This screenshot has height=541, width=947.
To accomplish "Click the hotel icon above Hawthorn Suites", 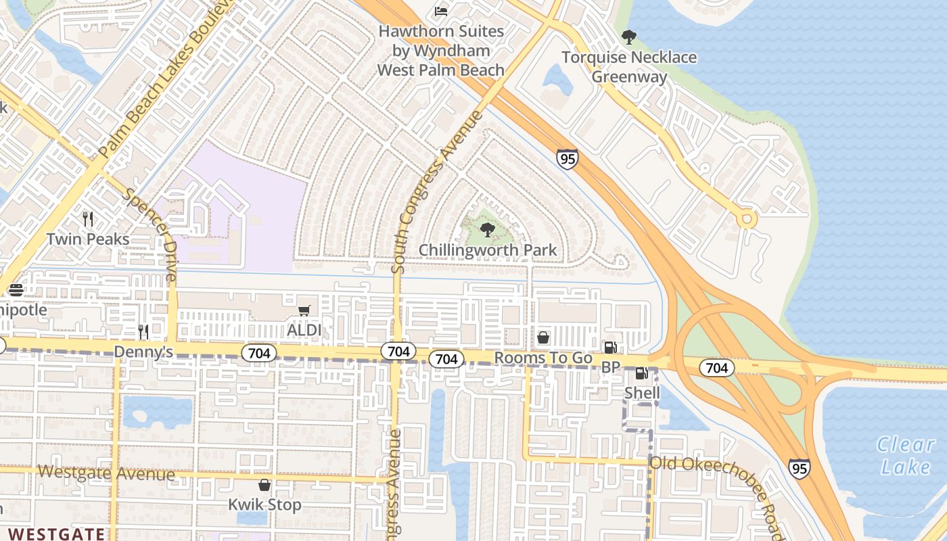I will pos(440,11).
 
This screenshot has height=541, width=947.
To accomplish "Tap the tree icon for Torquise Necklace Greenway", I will pos(629,37).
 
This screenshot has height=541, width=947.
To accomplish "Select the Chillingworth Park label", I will pos(488,250).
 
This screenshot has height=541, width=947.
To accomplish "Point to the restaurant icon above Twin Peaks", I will pos(88,218).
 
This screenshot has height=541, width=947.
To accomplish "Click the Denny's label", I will pos(143,352).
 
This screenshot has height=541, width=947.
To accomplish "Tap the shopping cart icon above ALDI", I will pos(304,310).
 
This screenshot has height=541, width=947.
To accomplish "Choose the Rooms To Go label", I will pos(543,358).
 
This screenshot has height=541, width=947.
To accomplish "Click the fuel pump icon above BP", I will pos(610,348).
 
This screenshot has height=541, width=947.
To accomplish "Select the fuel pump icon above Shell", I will pos(641,373).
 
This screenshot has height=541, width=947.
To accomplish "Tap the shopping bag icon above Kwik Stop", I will pos(264,485).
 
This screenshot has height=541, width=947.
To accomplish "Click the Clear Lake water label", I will pos(905,455).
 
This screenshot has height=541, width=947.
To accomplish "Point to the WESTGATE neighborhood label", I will pos(57,534).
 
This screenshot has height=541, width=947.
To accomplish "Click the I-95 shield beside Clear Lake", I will pos(799,468).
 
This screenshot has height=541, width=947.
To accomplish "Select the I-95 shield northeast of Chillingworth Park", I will pos(567,159).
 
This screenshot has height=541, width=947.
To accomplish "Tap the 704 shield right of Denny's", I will pos(260,352).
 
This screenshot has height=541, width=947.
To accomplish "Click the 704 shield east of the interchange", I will pos(716,367).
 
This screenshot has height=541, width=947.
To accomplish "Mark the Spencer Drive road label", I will pos(150,234).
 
